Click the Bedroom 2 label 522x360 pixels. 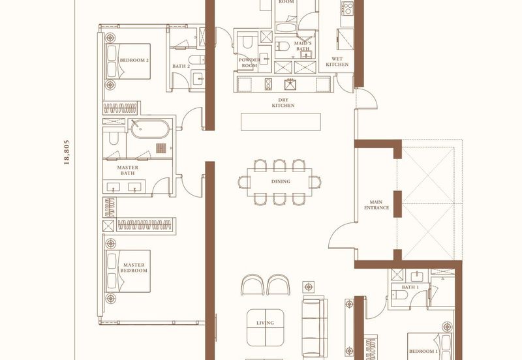click(134, 60)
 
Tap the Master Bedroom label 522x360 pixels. click(134, 268)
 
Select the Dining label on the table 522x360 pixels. click(281, 181)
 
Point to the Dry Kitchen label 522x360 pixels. click(283, 102)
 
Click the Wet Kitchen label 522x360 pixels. click(337, 61)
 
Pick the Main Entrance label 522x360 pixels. click(376, 205)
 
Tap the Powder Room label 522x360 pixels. click(249, 63)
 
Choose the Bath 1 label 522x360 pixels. click(410, 287)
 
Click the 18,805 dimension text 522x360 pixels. click(67, 153)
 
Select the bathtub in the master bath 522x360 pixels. click(150, 128)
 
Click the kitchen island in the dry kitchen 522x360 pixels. click(281, 122)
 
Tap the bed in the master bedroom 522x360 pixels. click(128, 271)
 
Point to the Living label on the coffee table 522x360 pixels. click(266, 323)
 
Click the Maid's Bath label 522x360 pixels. click(303, 46)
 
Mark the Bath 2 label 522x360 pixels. click(181, 66)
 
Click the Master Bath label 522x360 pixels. click(128, 170)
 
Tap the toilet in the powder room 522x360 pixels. click(247, 41)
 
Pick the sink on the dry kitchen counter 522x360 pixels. click(290, 84)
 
